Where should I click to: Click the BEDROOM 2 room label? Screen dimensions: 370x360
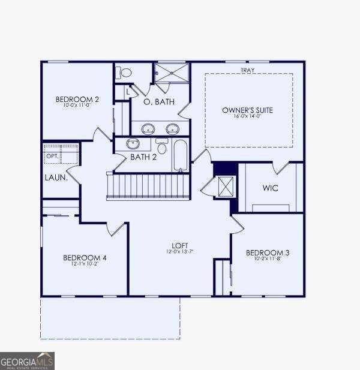[x=77, y=99]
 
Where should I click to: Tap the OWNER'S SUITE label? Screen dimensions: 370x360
[x=247, y=110]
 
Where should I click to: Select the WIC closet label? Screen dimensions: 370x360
[x=270, y=188]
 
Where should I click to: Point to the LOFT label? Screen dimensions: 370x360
[x=180, y=246]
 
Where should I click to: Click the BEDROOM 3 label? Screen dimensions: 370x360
[x=268, y=253]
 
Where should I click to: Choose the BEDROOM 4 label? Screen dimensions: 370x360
[x=85, y=258]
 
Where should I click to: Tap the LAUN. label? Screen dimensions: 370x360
[x=55, y=178]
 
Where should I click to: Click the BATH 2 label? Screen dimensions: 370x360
[x=143, y=157]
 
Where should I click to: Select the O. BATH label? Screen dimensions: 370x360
[x=159, y=102]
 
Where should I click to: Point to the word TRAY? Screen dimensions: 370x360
[x=247, y=71]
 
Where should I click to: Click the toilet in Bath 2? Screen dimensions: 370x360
[x=161, y=146]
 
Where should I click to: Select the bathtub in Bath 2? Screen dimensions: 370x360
[x=181, y=155]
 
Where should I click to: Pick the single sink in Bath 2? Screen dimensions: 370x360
[x=133, y=144]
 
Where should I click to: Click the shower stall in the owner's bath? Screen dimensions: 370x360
[x=172, y=73]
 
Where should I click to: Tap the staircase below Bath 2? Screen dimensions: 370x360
[x=148, y=186]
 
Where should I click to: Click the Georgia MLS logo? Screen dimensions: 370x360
[x=27, y=361]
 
